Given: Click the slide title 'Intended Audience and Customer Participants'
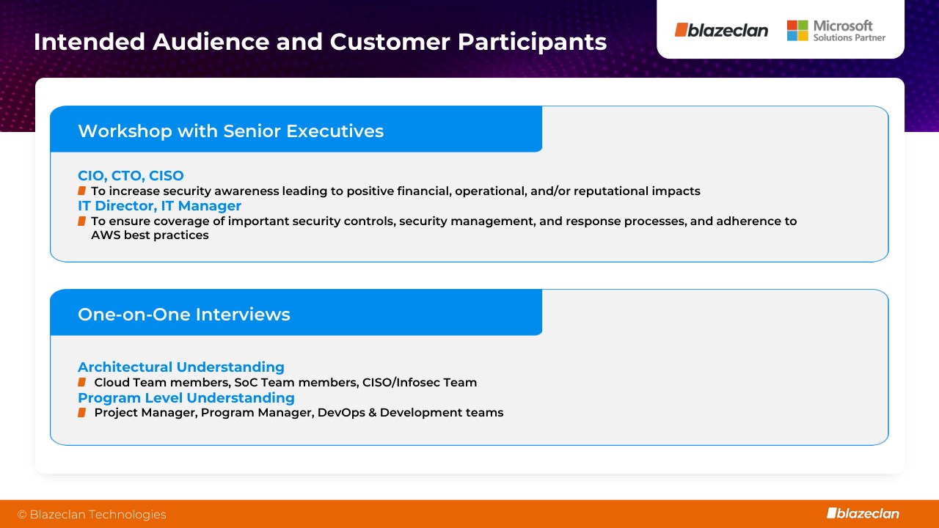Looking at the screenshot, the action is pyautogui.click(x=321, y=42).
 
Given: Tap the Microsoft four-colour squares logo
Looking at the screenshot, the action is pyautogui.click(x=797, y=31).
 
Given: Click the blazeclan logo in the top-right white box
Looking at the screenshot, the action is pyautogui.click(x=721, y=30).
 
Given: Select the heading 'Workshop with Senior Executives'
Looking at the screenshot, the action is pyautogui.click(x=230, y=131).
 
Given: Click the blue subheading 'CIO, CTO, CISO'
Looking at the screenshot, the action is pyautogui.click(x=131, y=175).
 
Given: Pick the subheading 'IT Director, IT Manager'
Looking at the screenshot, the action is pyautogui.click(x=160, y=206).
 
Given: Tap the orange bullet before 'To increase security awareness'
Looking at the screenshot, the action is pyautogui.click(x=81, y=191).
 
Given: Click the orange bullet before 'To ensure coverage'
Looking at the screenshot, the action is pyautogui.click(x=81, y=221).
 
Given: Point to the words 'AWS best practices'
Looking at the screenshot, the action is pyautogui.click(x=150, y=235).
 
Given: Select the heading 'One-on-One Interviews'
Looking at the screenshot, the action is pyautogui.click(x=184, y=315).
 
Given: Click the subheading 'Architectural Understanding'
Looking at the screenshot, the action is pyautogui.click(x=181, y=367).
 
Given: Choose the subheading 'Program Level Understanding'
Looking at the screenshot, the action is pyautogui.click(x=186, y=397).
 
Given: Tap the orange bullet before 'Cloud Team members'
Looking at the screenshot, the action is pyautogui.click(x=81, y=382).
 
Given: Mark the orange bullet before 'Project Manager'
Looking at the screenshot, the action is pyautogui.click(x=81, y=413).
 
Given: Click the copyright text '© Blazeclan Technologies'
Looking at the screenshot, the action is pyautogui.click(x=92, y=514).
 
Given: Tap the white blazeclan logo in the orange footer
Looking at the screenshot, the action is pyautogui.click(x=863, y=513).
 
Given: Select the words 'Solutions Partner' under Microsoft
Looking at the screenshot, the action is pyautogui.click(x=850, y=37).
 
